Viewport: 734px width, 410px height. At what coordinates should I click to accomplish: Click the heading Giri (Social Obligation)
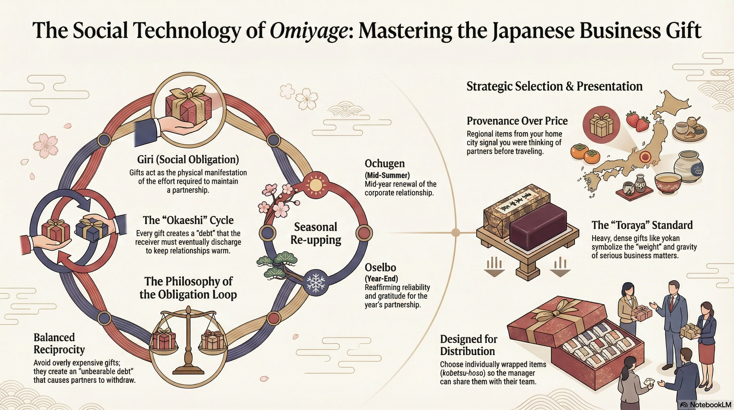tap(188, 159)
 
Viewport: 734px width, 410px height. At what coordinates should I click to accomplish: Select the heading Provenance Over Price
tap(517, 121)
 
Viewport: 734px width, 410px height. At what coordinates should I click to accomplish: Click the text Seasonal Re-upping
tap(316, 233)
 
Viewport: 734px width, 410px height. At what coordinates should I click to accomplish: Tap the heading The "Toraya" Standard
tap(642, 225)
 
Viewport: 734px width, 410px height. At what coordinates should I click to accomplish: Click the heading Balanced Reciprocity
tap(59, 343)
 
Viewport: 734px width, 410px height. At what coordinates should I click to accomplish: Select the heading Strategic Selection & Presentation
tap(554, 86)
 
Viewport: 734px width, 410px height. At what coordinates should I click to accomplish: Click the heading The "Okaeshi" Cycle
tap(188, 220)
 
